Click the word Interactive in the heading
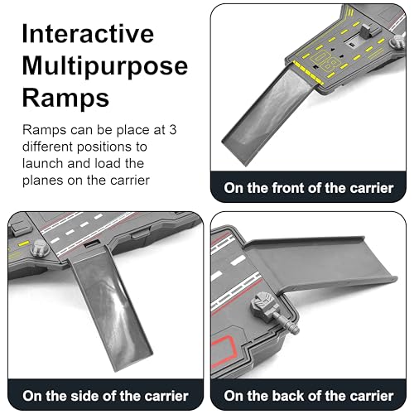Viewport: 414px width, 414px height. coord(88,34)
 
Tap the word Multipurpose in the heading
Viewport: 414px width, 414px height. coord(105,67)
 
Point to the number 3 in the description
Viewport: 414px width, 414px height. coord(173,130)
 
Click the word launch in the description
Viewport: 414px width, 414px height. coord(43,163)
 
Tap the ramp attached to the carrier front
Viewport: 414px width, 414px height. coord(267,116)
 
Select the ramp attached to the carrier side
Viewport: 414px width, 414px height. coord(109,309)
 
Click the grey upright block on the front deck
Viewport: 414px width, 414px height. coord(366,31)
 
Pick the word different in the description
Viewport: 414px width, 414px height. coord(48,147)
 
